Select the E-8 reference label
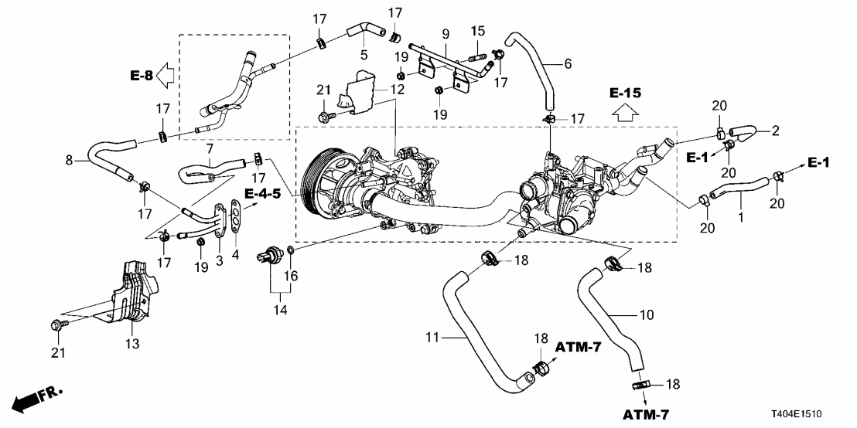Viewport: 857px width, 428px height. click(141, 75)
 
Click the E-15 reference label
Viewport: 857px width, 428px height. click(625, 93)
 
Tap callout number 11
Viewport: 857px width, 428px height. click(433, 337)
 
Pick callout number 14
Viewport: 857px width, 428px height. click(280, 310)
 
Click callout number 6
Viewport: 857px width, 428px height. click(568, 64)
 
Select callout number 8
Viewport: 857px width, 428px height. click(71, 161)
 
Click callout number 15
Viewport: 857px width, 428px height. click(478, 30)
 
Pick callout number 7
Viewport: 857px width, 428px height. click(208, 147)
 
